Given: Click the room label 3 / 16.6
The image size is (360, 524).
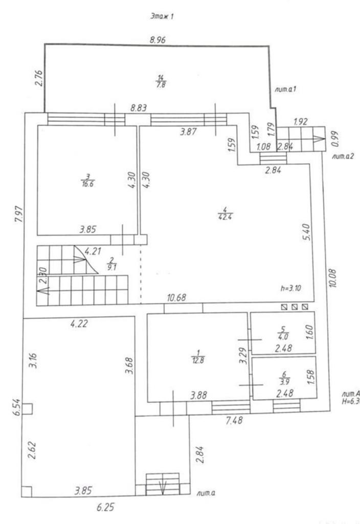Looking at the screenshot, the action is coord(85,181).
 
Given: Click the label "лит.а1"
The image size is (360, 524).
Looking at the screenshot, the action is coord(287,89).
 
